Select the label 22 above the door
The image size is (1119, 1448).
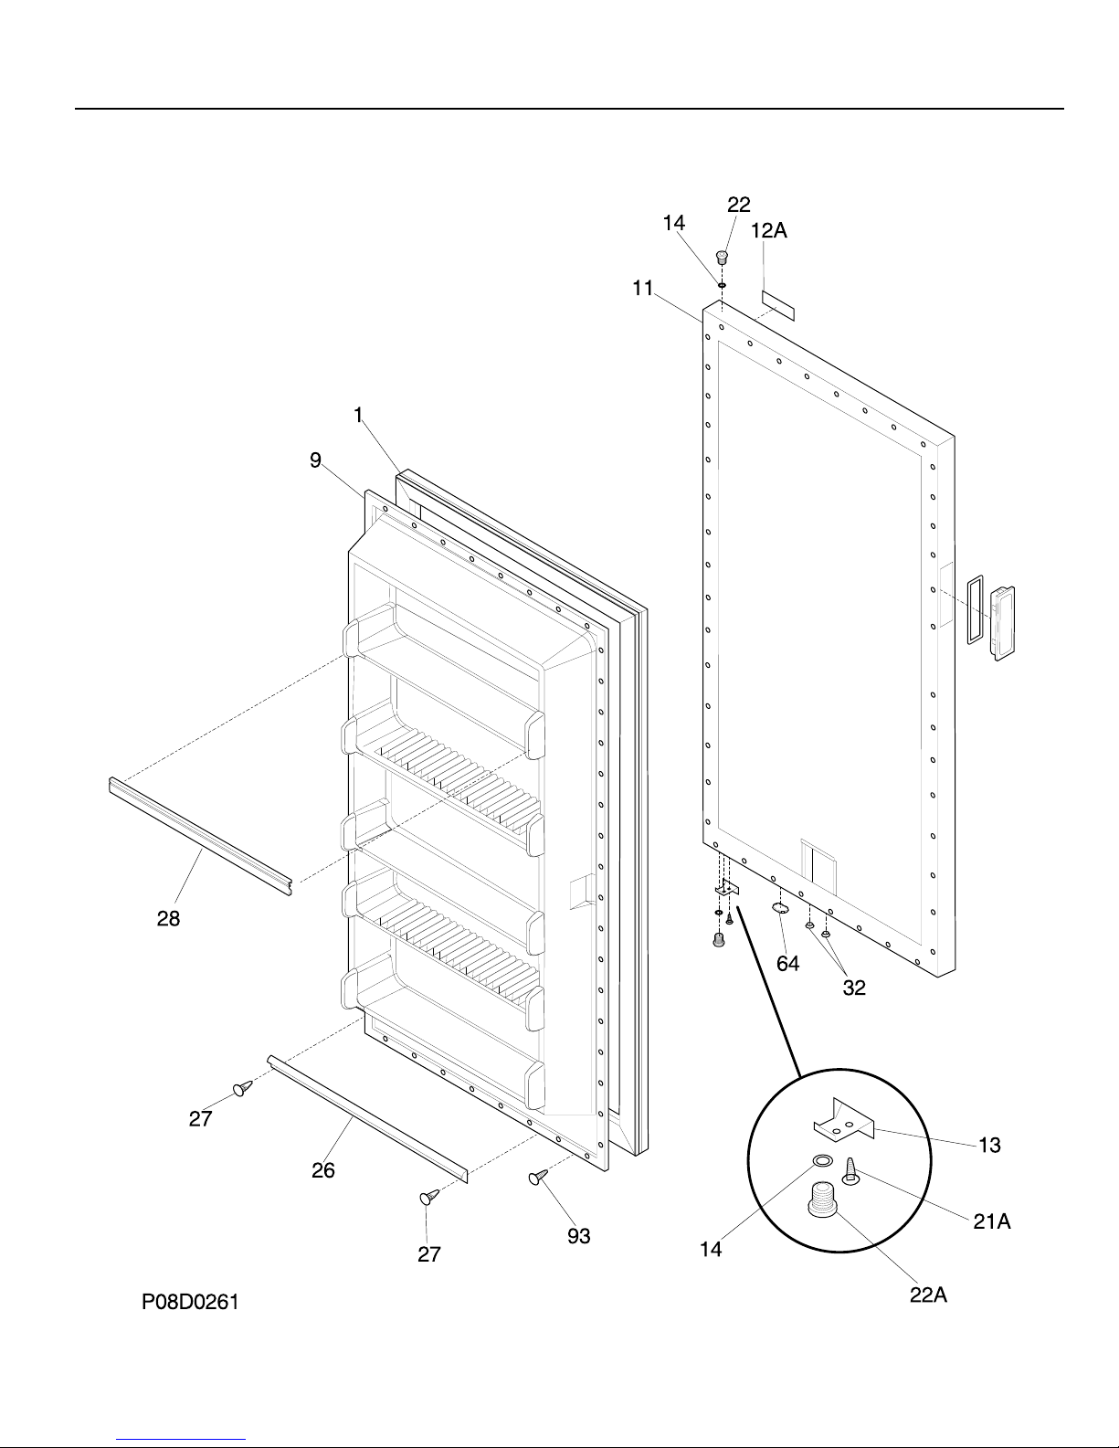(738, 205)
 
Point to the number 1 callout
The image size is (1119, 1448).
(359, 415)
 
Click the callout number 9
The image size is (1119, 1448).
(314, 460)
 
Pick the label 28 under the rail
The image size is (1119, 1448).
(168, 919)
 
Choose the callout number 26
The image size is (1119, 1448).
(322, 1170)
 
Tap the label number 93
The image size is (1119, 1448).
(578, 1237)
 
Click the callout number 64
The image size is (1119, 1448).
(787, 964)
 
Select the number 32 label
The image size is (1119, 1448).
(854, 988)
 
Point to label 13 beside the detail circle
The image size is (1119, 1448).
(989, 1145)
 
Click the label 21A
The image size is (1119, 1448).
(991, 1221)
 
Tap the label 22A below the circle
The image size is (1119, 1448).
(927, 1295)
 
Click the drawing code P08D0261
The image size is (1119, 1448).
(190, 1303)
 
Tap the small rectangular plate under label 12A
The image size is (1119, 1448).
(778, 306)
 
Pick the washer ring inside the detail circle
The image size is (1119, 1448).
(822, 1162)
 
